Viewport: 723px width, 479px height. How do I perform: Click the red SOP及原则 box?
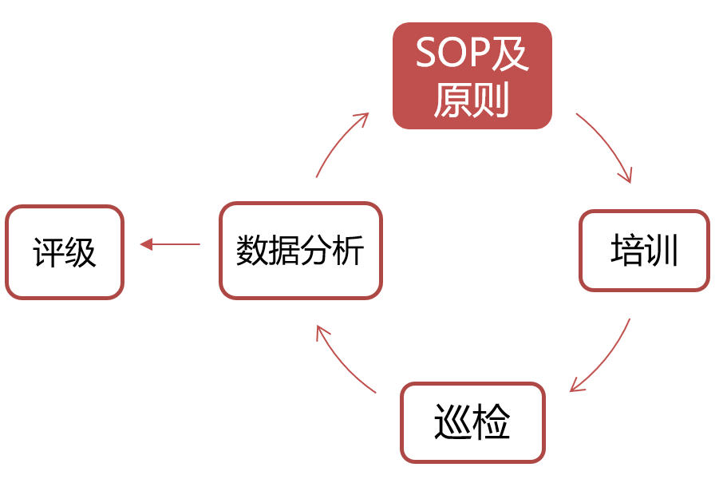tap(472, 76)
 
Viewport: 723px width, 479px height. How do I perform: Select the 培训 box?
tap(644, 251)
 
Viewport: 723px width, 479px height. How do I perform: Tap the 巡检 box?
tap(472, 422)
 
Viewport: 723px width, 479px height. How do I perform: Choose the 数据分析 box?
tap(301, 251)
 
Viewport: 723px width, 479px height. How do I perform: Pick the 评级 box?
tap(65, 252)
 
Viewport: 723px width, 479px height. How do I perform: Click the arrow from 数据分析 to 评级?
tap(170, 244)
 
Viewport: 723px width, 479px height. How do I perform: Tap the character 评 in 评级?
tap(49, 252)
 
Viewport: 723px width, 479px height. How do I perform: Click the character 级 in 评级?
tap(81, 252)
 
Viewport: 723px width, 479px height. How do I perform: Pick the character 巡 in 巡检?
tap(452, 422)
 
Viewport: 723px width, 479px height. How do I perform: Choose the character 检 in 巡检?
tap(491, 422)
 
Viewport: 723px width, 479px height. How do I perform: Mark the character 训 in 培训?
tap(662, 250)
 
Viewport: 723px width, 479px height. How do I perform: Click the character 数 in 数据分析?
tap(252, 250)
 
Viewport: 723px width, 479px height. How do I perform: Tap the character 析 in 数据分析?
tap(348, 250)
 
